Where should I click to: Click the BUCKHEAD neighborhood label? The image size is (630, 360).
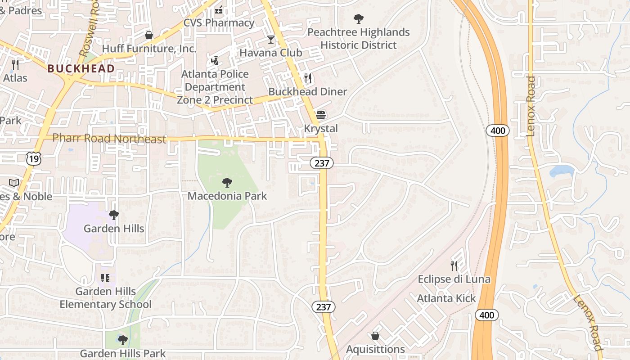click(81, 68)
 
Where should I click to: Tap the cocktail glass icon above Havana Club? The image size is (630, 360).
click(271, 40)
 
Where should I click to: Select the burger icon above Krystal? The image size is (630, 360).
click(320, 115)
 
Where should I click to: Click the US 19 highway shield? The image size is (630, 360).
click(33, 158)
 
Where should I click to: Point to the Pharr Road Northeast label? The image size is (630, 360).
click(109, 139)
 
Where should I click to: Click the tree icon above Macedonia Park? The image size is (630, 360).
click(227, 183)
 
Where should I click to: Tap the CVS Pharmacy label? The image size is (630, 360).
click(219, 23)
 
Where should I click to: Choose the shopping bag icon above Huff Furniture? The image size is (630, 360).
click(149, 35)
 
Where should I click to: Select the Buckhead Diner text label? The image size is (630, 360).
click(308, 92)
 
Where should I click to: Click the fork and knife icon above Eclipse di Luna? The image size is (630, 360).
click(454, 266)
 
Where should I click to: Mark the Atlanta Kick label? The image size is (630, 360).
click(446, 298)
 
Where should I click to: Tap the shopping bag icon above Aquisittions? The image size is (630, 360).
click(375, 336)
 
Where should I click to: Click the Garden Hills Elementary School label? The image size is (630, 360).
click(106, 298)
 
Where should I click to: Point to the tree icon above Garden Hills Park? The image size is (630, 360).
click(122, 340)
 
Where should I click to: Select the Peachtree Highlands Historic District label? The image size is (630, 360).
click(359, 39)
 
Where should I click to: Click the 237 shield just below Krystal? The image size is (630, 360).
click(322, 163)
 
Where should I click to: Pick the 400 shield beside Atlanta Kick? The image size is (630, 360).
click(487, 315)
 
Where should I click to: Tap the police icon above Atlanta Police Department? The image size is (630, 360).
click(215, 60)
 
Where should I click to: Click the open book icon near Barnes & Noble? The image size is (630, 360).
click(14, 183)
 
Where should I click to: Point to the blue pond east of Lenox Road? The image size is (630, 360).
click(562, 171)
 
